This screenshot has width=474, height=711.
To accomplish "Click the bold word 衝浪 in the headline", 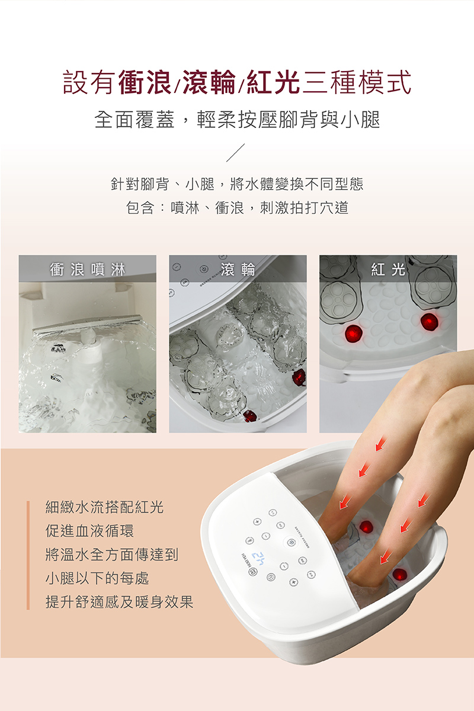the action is pyautogui.click(x=145, y=82).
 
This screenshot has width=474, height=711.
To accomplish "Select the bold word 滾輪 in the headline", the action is pyautogui.click(x=209, y=82).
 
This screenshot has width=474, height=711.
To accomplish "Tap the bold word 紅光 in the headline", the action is pyautogui.click(x=273, y=82).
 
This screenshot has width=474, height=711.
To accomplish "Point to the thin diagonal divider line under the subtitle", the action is pyautogui.click(x=235, y=153).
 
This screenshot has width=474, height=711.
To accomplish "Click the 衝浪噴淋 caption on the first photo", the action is pyautogui.click(x=87, y=270).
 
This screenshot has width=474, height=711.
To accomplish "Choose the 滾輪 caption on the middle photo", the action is pyautogui.click(x=238, y=270).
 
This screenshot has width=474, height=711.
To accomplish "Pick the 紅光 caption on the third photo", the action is pyautogui.click(x=388, y=270).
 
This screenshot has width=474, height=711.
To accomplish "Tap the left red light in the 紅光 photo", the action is pyautogui.click(x=353, y=333).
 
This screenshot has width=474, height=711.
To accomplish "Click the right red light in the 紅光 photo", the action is pyautogui.click(x=429, y=322).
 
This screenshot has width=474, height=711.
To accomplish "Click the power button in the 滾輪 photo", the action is pyautogui.click(x=204, y=269).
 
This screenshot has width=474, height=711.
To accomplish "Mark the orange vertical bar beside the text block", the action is pyautogui.click(x=28, y=555).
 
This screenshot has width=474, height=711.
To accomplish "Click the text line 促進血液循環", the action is pyautogui.click(x=90, y=530).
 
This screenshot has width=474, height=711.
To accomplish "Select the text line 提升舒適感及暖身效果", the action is pyautogui.click(x=119, y=601).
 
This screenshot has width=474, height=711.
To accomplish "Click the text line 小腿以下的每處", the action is pyautogui.click(x=97, y=578).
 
